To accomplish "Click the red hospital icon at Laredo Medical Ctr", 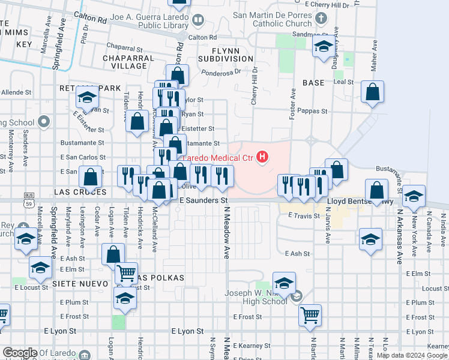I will [x=262, y=158].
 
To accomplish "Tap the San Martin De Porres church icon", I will [x=322, y=17].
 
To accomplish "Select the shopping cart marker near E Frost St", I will [x=310, y=314].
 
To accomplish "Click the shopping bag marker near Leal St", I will [x=373, y=92].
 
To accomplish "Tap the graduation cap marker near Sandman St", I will [x=324, y=46].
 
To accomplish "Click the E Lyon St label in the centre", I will [x=187, y=331].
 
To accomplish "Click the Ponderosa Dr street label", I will [x=221, y=70].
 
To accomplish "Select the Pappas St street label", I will [x=315, y=111].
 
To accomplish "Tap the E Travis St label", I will [x=306, y=215].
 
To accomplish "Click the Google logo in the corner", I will [x=20, y=353].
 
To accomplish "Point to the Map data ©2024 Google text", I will [x=412, y=355].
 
